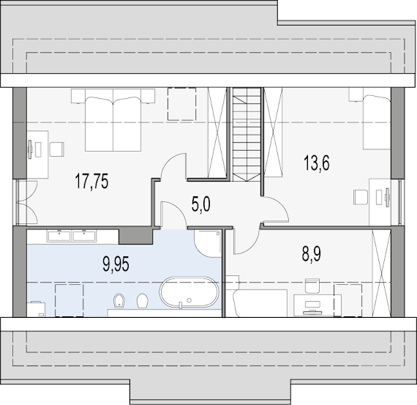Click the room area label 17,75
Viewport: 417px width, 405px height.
point(91,181)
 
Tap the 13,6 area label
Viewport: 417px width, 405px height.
point(317,163)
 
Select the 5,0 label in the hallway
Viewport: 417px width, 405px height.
point(200,205)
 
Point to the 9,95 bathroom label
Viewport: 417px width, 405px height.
point(116,264)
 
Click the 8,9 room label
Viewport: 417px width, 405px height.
point(312,254)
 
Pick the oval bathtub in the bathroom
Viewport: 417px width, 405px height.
point(189,292)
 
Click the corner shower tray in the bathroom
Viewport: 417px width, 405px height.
point(208,243)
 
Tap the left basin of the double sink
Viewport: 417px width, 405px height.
point(59,236)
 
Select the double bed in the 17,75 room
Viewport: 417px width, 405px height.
point(113,120)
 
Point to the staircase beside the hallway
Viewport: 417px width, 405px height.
point(247,135)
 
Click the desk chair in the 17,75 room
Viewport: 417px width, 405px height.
point(57,149)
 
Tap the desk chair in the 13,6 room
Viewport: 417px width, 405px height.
point(361,197)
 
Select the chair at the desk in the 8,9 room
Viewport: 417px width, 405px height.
point(312,286)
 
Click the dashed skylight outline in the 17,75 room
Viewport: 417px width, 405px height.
point(181,104)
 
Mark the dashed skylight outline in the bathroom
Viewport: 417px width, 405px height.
point(69,300)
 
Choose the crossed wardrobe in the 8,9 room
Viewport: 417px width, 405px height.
point(381,273)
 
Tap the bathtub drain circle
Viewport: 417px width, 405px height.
point(189,300)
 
